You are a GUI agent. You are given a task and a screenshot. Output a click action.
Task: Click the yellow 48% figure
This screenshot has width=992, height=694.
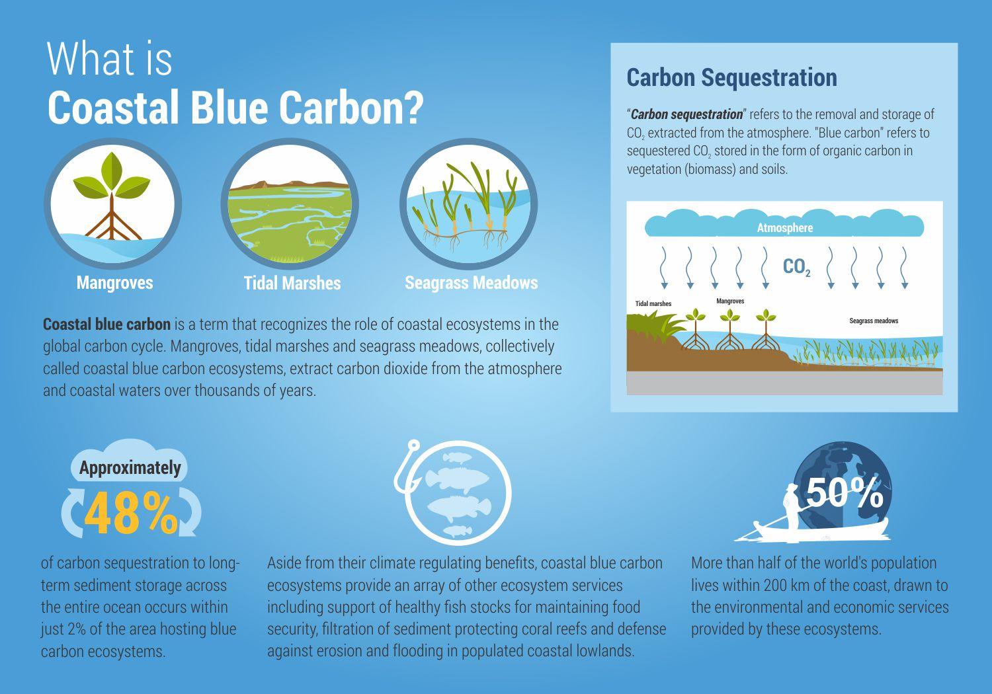tap(131, 513)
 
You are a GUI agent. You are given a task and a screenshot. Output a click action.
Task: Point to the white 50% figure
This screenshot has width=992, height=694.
tap(845, 492)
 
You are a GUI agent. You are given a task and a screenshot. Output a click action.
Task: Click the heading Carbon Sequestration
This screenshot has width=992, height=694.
tap(731, 78)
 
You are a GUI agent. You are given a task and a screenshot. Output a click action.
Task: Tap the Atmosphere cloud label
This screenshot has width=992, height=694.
tap(785, 228)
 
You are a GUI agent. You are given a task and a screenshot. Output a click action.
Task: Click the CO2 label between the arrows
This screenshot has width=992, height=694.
tap(797, 267)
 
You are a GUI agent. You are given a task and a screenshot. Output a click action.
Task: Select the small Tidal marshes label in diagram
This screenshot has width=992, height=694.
tap(653, 303)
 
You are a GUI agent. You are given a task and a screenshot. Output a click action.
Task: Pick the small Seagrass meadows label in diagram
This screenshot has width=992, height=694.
tap(874, 321)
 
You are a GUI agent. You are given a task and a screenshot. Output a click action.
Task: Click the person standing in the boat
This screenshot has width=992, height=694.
tap(790, 506)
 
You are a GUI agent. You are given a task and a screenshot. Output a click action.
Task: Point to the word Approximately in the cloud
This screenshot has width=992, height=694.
tap(130, 468)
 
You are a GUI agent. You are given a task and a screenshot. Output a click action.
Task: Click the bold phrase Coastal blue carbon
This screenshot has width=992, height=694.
tap(106, 325)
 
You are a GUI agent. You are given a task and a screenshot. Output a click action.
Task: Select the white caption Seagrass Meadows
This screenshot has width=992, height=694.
tap(471, 283)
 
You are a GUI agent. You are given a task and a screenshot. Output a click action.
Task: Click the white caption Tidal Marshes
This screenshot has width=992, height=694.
tap(292, 284)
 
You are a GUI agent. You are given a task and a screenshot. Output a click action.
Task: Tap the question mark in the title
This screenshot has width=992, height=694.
tap(413, 107)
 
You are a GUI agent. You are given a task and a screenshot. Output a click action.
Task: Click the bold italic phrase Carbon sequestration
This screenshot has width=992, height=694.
tap(686, 114)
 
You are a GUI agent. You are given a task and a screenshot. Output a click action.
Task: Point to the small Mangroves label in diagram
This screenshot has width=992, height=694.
tap(730, 301)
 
